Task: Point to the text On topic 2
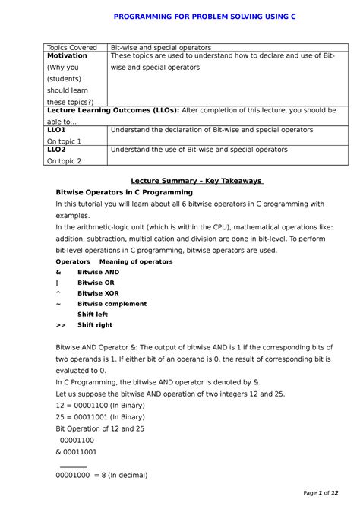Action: pyautogui.click(x=64, y=161)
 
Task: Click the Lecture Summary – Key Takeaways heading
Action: pyautogui.click(x=197, y=181)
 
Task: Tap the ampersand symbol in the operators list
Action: pyautogui.click(x=58, y=272)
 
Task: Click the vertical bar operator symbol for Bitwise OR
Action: pyautogui.click(x=58, y=283)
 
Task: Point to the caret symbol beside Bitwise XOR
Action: pyautogui.click(x=58, y=292)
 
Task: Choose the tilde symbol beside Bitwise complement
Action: pyautogui.click(x=58, y=304)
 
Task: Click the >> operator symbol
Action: pyautogui.click(x=61, y=325)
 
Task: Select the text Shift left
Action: pyautogui.click(x=93, y=315)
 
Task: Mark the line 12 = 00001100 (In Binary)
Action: pyautogui.click(x=107, y=406)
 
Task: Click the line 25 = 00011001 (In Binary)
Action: pyautogui.click(x=107, y=417)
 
